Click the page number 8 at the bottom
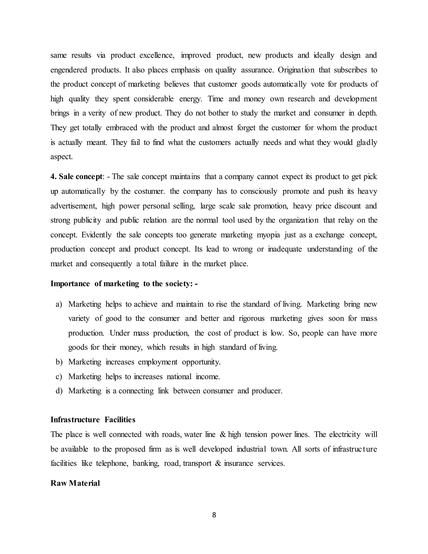click(214, 515)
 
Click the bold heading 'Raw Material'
click(75, 483)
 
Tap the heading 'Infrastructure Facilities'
click(93, 420)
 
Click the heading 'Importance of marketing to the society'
click(124, 284)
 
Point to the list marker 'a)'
click(59, 304)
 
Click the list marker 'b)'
click(59, 362)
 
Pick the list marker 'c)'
click(59, 377)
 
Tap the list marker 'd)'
click(59, 391)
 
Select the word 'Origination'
click(296, 70)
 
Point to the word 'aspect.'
click(62, 157)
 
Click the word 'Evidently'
click(96, 235)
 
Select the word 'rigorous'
click(252, 319)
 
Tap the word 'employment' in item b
click(158, 362)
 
